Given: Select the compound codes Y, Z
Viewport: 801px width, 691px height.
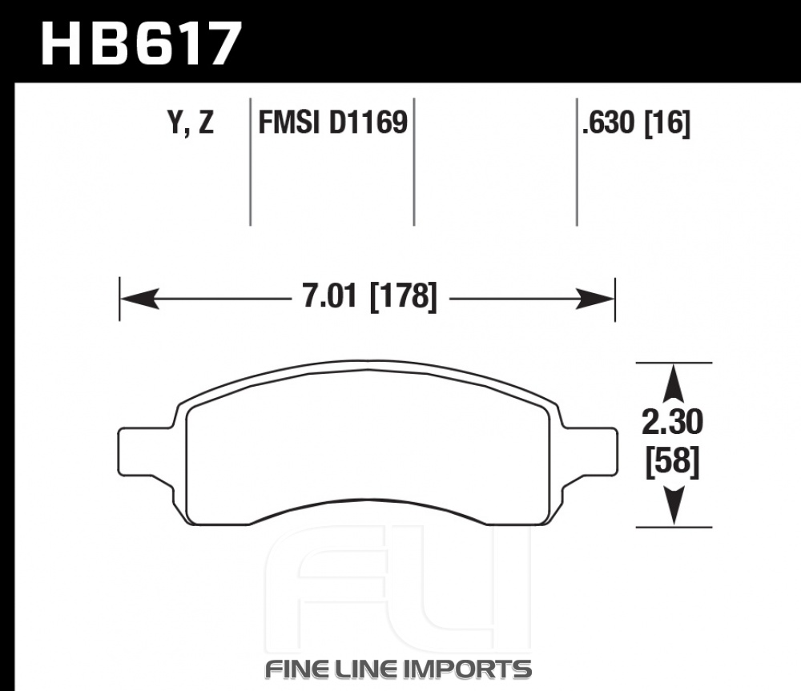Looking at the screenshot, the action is (191, 123).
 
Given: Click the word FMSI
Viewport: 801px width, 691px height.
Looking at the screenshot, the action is (291, 123).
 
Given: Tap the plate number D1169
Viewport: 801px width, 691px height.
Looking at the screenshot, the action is (368, 123).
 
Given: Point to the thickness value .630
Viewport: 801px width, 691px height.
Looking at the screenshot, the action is (609, 123).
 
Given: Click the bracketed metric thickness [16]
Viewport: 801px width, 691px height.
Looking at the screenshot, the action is (667, 123).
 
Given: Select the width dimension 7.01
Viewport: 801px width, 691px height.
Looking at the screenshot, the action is (329, 296).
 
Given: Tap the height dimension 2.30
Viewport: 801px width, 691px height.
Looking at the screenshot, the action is (672, 422).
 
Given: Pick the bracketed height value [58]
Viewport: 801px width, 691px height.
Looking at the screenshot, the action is (672, 462).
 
